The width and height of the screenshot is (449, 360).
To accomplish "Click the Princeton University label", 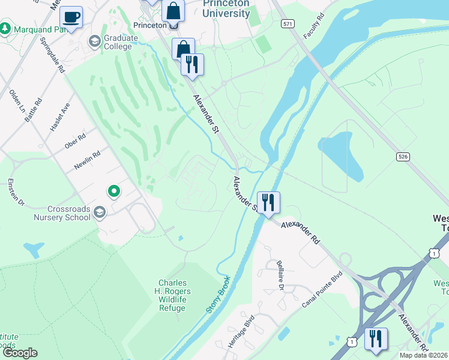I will tap(226, 8).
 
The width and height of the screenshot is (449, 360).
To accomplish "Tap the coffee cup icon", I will tap(71, 17).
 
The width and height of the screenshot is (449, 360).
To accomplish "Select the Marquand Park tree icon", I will tap(5, 28).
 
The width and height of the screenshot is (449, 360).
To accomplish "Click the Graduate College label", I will tap(118, 41).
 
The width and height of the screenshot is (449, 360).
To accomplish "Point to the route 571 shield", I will tap(288, 22).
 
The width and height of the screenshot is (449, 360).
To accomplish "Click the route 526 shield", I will tap(403, 156).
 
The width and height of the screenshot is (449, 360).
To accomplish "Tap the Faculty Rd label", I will tap(313, 28).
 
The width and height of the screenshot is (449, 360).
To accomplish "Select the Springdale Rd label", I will tap(52, 56).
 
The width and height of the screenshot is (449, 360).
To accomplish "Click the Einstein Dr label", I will tap(16, 192).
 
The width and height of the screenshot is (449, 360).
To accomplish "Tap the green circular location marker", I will tap(113, 191).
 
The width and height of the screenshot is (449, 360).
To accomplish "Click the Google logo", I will tap(19, 353).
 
